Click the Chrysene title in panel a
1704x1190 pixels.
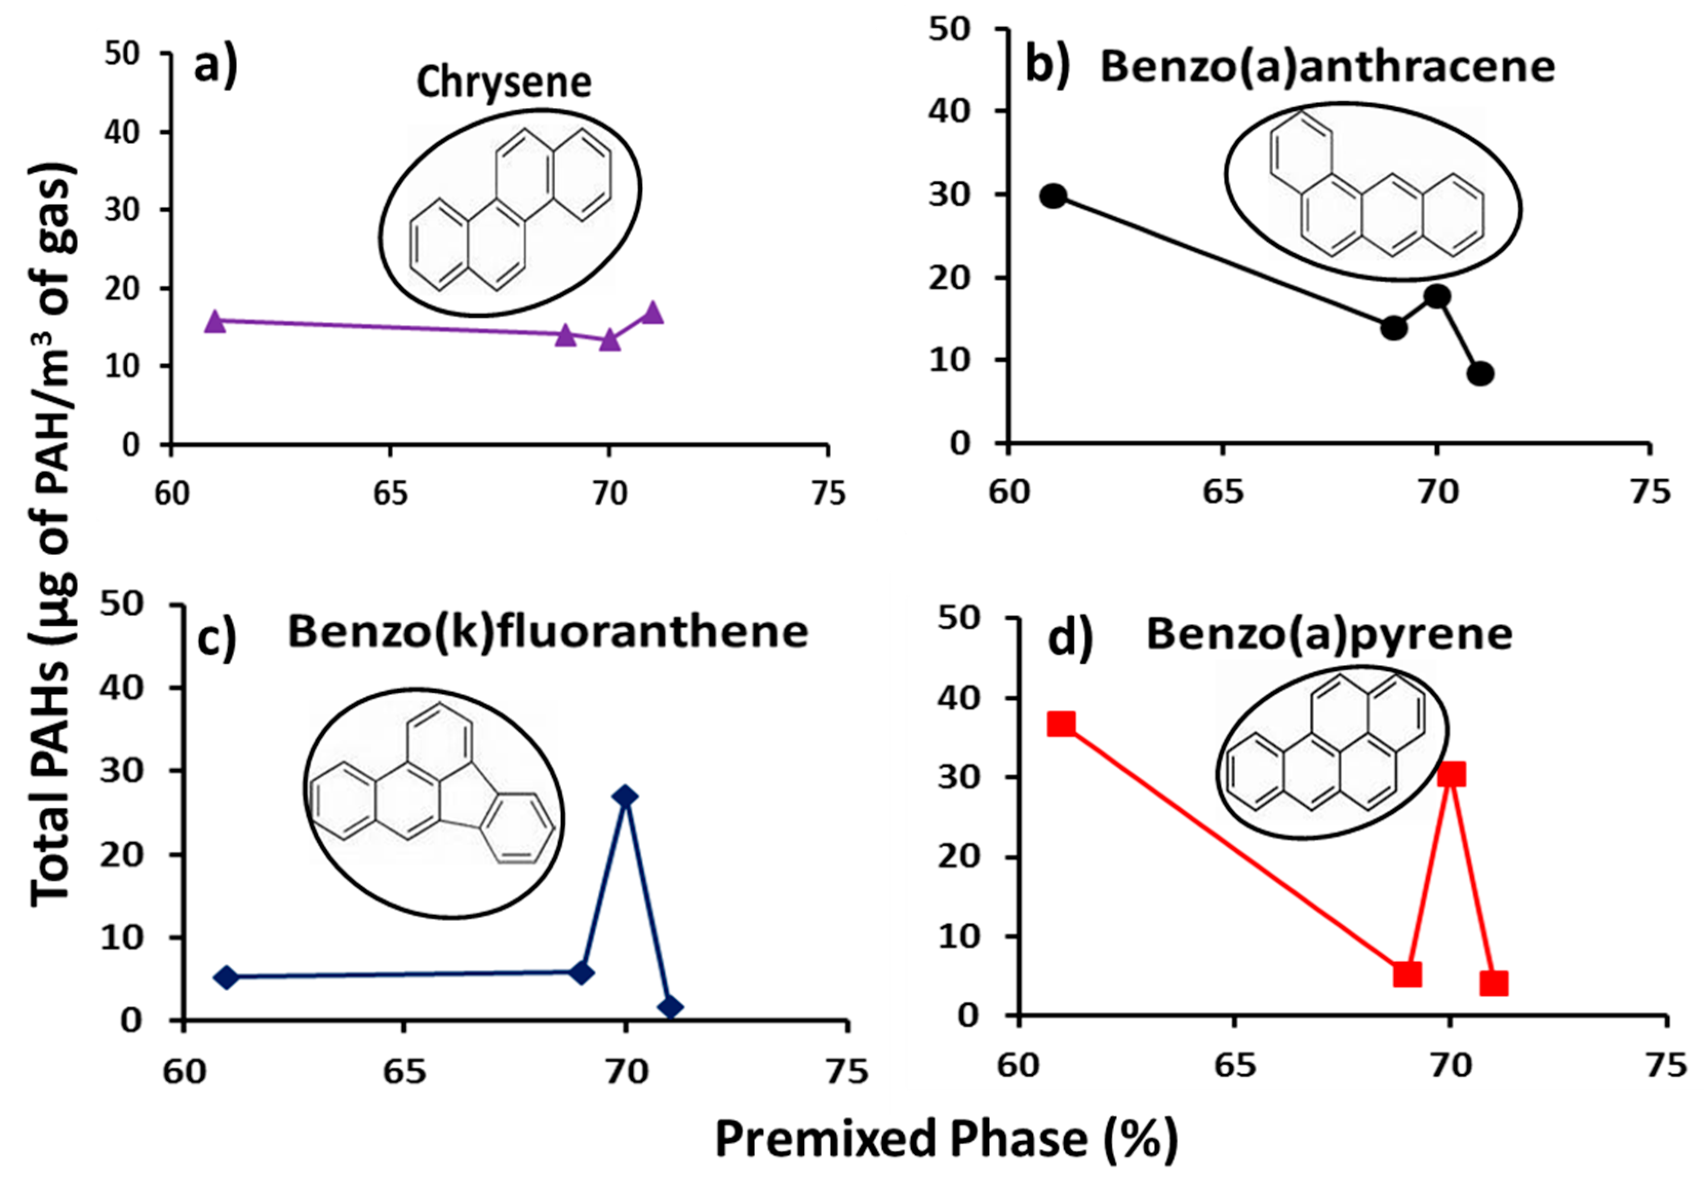click(x=503, y=83)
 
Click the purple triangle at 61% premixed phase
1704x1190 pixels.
click(x=214, y=321)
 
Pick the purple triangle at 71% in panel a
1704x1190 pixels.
click(x=653, y=313)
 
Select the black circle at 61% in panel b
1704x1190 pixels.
click(x=1053, y=196)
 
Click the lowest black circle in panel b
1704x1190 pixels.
click(x=1480, y=374)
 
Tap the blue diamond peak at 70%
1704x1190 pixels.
click(x=626, y=796)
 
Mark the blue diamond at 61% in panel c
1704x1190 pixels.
click(x=226, y=978)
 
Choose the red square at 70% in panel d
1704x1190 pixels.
click(x=1452, y=774)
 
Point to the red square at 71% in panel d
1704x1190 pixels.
click(x=1494, y=984)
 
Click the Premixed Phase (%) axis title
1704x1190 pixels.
click(x=946, y=1140)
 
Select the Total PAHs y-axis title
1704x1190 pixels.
click(x=52, y=535)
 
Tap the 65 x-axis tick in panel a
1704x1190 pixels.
click(x=390, y=493)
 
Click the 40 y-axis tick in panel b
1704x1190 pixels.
click(x=949, y=111)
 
